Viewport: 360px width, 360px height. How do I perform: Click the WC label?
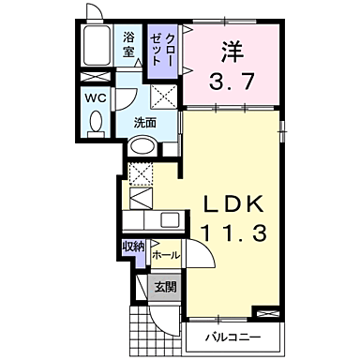[96, 96]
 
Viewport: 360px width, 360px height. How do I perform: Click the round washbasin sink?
[142, 147]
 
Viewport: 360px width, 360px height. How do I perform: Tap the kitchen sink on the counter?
[169, 220]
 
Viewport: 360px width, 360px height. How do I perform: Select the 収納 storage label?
[133, 246]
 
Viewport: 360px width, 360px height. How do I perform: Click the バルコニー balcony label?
[231, 336]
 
